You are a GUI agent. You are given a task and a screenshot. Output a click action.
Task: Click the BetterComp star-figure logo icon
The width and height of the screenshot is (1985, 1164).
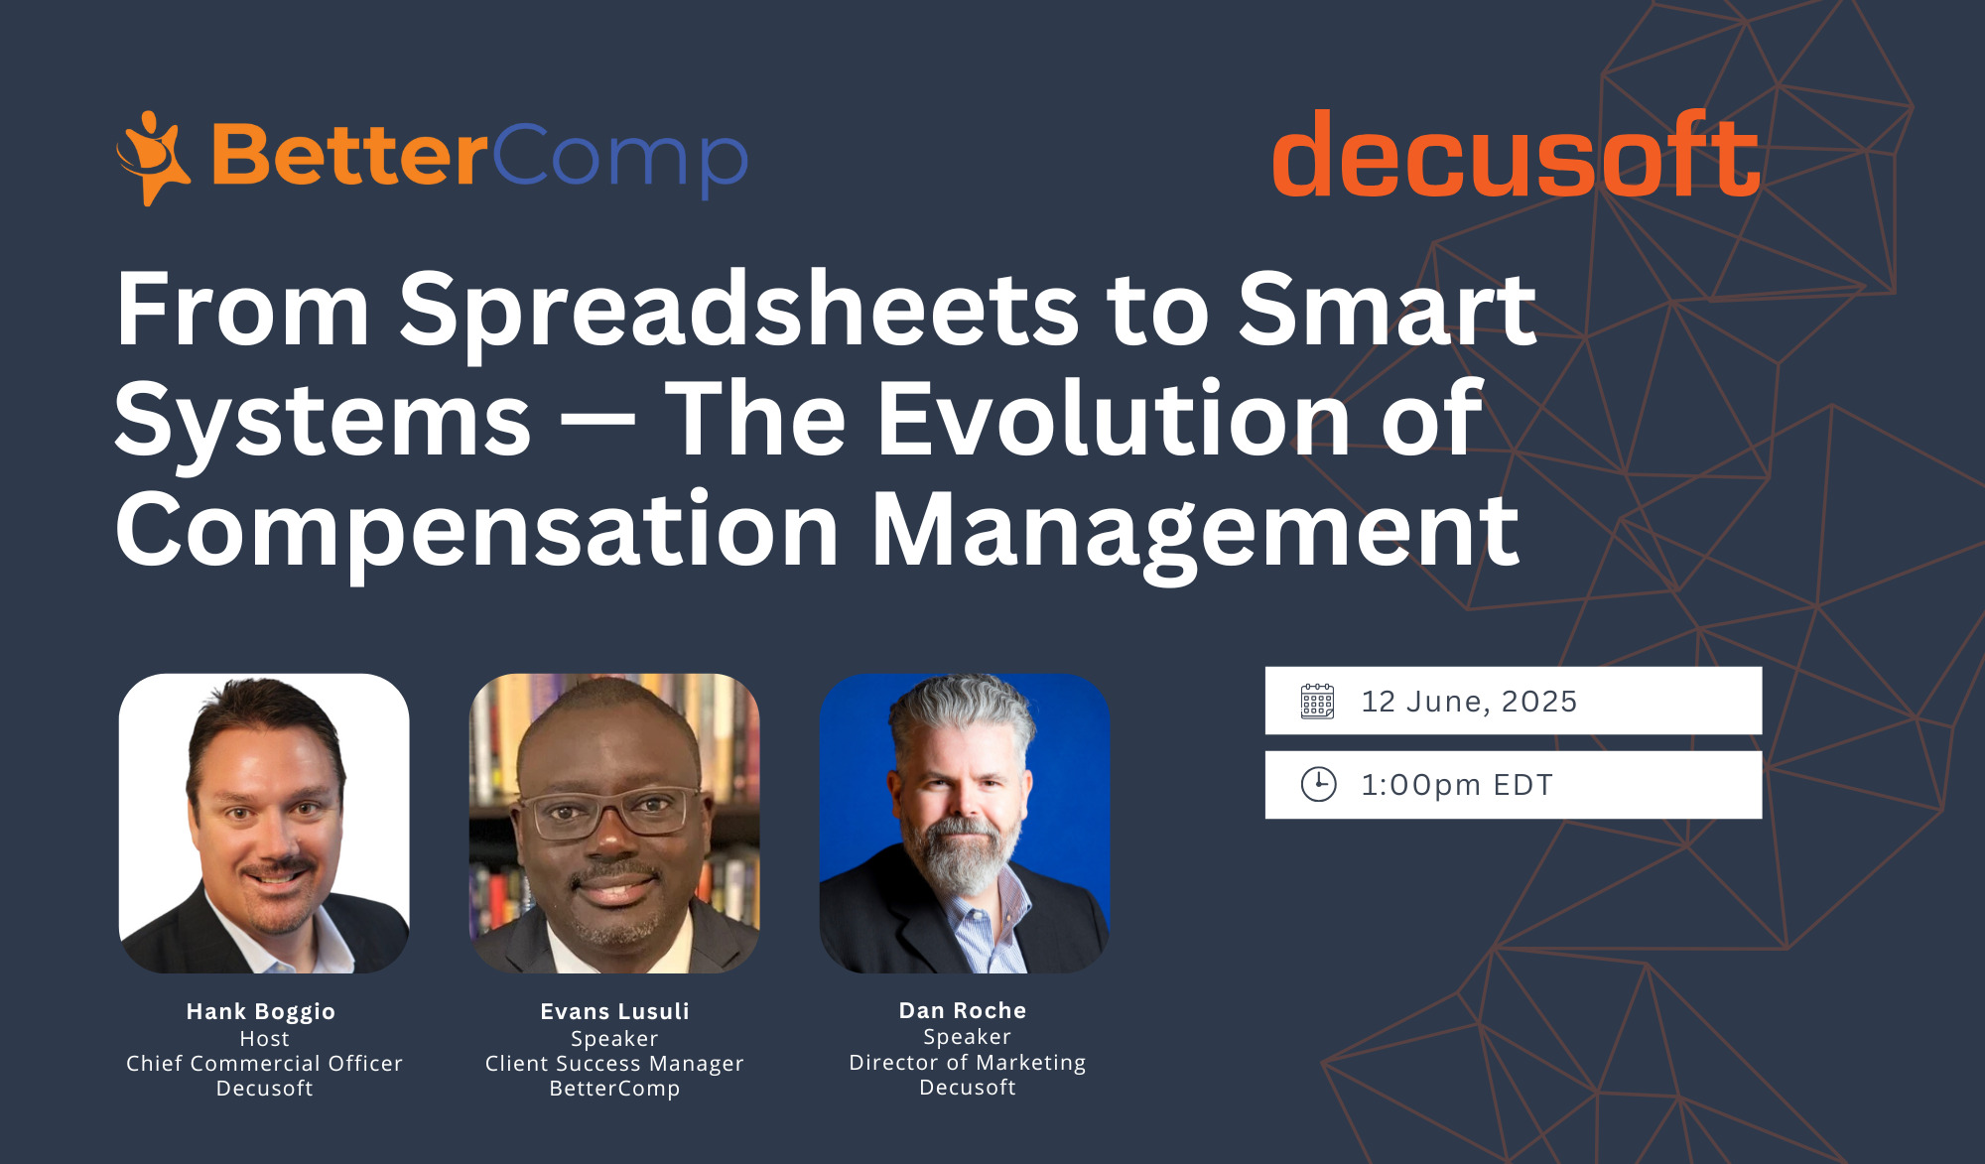[153, 158]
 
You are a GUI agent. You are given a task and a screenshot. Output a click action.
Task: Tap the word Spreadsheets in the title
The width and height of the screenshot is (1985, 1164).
[738, 310]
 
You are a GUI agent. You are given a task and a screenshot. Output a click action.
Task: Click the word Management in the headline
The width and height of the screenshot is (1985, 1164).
[1195, 531]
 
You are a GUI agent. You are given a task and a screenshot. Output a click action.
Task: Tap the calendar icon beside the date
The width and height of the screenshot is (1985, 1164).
[1317, 701]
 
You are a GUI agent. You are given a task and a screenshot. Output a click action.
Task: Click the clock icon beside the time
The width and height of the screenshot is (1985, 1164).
[1318, 784]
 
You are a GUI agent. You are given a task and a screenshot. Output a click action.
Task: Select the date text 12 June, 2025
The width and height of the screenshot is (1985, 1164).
[1469, 702]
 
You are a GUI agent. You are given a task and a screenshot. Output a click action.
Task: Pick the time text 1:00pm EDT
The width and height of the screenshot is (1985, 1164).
[1456, 785]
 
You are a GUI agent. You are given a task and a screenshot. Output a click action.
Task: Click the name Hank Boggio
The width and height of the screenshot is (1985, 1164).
[261, 1012]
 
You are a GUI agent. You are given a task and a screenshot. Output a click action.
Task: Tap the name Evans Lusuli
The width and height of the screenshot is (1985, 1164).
[614, 1011]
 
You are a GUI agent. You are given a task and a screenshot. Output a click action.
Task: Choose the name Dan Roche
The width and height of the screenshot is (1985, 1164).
[963, 1010]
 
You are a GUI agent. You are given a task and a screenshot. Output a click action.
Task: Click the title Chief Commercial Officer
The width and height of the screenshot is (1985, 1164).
[264, 1063]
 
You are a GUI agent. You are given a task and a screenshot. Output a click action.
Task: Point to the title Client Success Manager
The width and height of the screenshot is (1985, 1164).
[614, 1064]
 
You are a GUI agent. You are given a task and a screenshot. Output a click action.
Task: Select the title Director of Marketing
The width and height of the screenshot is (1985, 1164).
[968, 1063]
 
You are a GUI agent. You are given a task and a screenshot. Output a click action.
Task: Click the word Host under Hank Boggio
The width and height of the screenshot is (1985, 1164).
[264, 1039]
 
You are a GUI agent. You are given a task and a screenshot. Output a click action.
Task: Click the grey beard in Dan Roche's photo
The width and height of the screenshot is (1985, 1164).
[961, 853]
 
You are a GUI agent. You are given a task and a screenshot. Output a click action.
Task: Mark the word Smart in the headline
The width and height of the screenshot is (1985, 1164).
[1388, 310]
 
